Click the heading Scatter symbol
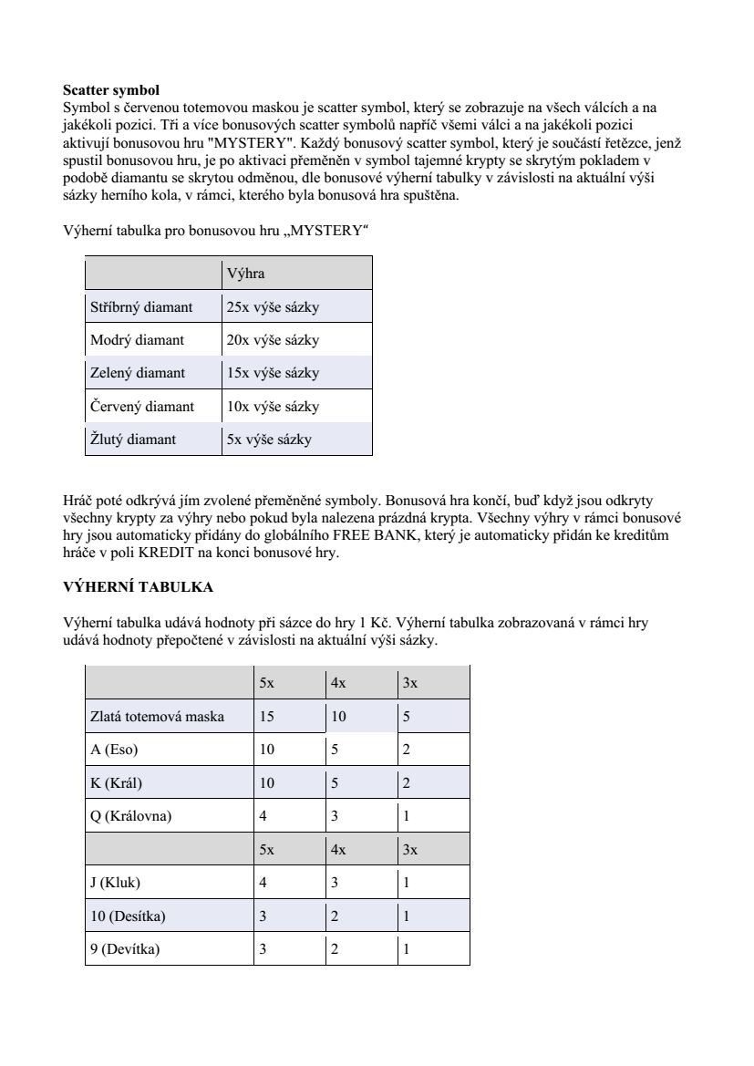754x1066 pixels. click(110, 90)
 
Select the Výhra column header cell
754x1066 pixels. click(246, 274)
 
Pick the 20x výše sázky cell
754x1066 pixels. click(273, 340)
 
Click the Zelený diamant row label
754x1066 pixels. click(137, 373)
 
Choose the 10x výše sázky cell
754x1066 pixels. click(273, 406)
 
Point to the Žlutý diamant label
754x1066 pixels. click(133, 440)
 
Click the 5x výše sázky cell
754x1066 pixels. click(269, 440)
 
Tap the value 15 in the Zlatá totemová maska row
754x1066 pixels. click(266, 717)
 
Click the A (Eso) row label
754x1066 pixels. click(114, 750)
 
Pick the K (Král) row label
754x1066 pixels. click(116, 783)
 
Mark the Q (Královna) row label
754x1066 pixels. click(130, 816)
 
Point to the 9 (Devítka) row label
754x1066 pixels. click(124, 949)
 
